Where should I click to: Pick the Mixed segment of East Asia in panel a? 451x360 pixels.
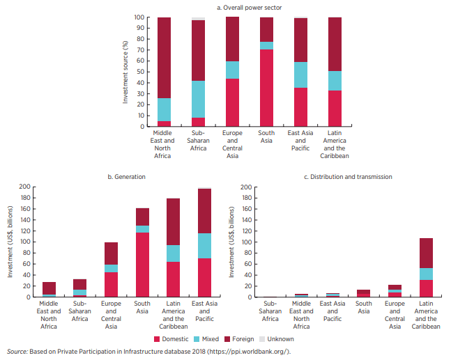click(300, 75)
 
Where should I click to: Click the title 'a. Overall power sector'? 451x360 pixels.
click(249, 8)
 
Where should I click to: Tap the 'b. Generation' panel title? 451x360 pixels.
click(126, 177)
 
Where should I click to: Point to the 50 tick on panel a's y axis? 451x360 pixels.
click(139, 72)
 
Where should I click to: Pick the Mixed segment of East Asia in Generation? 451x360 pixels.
click(204, 246)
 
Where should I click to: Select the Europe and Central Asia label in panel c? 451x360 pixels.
click(395, 314)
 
